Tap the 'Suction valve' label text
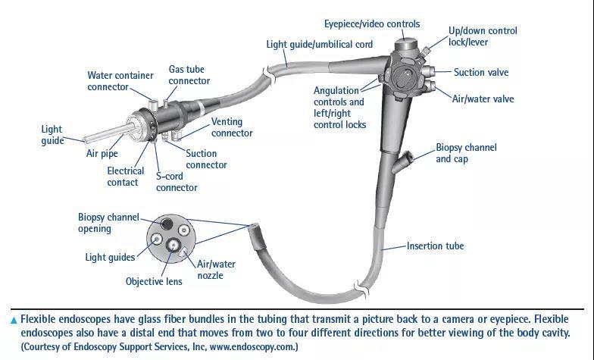tap(480, 73)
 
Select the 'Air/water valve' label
tap(483, 99)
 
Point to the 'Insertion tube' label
tap(435, 246)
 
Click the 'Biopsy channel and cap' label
tap(466, 153)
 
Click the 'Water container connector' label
tap(120, 81)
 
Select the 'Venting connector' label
tap(232, 127)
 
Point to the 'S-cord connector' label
tap(177, 182)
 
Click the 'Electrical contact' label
tap(125, 177)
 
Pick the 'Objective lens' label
tap(154, 282)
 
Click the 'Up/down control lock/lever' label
tap(483, 36)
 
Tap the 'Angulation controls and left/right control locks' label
tap(339, 108)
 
